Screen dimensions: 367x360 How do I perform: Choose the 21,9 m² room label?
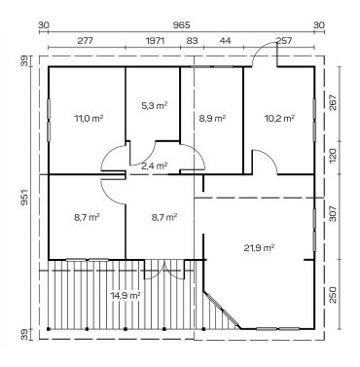[x=259, y=248]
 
